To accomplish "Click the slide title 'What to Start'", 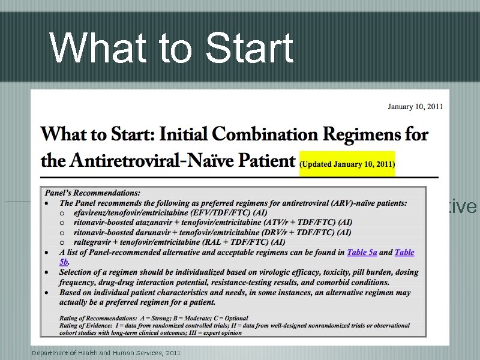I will [x=172, y=48].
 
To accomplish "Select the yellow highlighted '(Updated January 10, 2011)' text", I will [x=347, y=163].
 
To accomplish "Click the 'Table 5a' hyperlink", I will [x=362, y=253].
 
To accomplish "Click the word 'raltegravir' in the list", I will [x=92, y=242].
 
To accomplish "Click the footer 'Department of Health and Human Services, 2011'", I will [x=106, y=353].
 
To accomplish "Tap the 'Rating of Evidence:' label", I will [x=86, y=325].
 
